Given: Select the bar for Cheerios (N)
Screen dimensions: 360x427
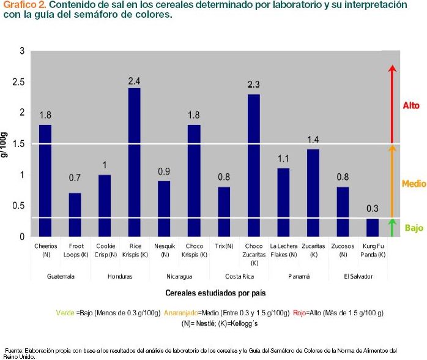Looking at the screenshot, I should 45,181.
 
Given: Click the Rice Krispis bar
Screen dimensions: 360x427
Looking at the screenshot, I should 134,162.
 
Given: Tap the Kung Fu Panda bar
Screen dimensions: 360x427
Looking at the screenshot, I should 373,227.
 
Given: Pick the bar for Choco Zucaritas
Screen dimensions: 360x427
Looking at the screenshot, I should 253,165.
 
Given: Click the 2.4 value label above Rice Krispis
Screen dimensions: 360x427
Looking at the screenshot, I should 134,80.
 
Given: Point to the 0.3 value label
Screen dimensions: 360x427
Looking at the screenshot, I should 373,209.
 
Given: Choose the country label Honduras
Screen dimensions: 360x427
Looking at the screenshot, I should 119,276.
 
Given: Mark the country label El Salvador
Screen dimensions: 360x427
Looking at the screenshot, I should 357,276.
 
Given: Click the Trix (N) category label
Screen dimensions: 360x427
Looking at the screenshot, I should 224,246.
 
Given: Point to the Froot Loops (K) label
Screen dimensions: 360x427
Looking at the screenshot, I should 75,250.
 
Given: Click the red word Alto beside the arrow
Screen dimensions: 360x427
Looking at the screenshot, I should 411,106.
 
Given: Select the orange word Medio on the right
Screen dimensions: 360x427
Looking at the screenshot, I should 413,183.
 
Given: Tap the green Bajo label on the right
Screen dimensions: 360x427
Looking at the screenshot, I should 414,228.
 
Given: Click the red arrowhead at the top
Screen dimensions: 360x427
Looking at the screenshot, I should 393,68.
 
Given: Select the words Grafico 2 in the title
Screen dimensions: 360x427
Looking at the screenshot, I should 20,5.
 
